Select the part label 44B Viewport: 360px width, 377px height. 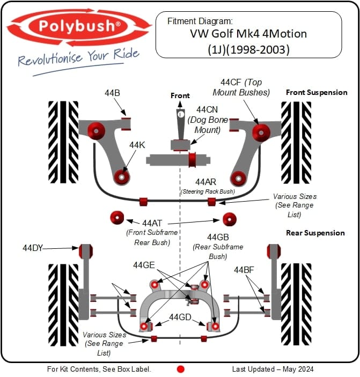tap(112, 93)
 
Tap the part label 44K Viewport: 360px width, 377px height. tap(137, 144)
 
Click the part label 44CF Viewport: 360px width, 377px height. tap(232, 83)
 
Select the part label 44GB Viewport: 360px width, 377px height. tap(218, 237)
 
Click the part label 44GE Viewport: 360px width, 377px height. tap(144, 265)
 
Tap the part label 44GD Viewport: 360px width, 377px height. tap(180, 317)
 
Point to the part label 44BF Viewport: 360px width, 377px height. tap(245, 270)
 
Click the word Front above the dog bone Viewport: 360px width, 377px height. tap(180, 95)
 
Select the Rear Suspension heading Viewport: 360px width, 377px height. tap(315, 233)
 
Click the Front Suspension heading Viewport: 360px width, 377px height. tap(317, 92)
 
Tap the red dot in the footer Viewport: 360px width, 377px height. tap(181, 369)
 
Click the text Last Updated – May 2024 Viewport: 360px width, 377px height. tap(273, 369)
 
